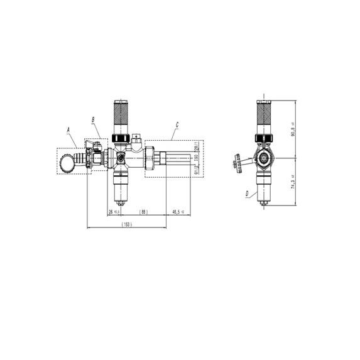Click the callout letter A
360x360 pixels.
coord(68,130)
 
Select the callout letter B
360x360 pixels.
coord(94,118)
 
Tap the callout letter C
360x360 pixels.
coord(178,125)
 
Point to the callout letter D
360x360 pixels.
coord(247,194)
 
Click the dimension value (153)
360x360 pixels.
coord(128,225)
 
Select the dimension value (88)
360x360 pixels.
coord(144,211)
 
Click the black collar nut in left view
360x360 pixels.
coord(121,138)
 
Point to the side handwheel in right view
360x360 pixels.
coord(236,163)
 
